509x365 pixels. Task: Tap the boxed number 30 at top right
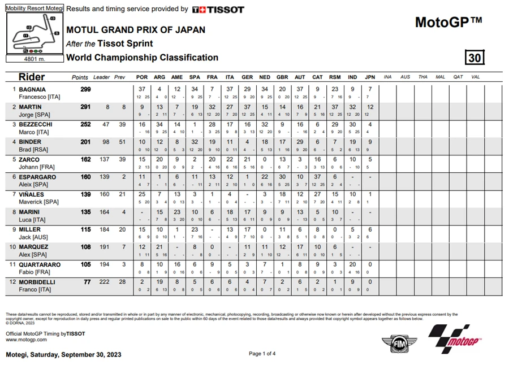pyautogui.click(x=475, y=58)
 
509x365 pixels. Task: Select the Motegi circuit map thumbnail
pyautogui.click(x=34, y=34)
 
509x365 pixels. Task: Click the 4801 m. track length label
pyautogui.click(x=34, y=58)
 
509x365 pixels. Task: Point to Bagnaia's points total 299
pyautogui.click(x=84, y=89)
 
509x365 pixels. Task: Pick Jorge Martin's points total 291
pyautogui.click(x=84, y=107)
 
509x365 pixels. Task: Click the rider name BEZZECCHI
pyautogui.click(x=38, y=124)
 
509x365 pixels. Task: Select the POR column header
pyautogui.click(x=142, y=77)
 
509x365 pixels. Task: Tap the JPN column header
pyautogui.click(x=370, y=77)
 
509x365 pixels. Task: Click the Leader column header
pyautogui.click(x=102, y=77)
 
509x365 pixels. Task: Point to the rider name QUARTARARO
pyautogui.click(x=41, y=264)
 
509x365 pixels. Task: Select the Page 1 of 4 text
pyautogui.click(x=262, y=354)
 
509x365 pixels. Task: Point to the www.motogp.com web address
pyautogui.click(x=26, y=340)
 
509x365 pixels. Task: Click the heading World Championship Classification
pyautogui.click(x=142, y=58)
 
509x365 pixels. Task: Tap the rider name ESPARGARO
pyautogui.click(x=38, y=177)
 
